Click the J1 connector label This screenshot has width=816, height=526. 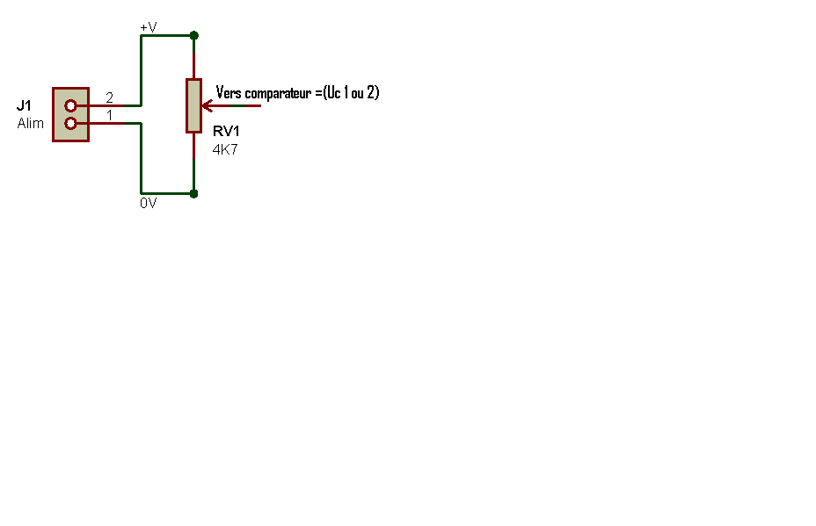24,105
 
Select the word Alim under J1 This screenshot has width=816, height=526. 30,123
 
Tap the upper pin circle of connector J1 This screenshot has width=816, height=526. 70,105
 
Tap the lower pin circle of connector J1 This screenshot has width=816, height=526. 70,123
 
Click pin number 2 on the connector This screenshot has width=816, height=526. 109,97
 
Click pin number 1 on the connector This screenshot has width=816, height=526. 109,115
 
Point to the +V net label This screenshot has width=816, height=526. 149,27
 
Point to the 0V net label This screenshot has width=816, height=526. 149,203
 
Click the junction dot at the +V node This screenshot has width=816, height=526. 194,35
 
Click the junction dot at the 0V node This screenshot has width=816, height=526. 194,194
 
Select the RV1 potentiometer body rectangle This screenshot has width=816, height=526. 194,106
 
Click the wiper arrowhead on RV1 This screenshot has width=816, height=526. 207,106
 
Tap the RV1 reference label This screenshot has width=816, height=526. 226,131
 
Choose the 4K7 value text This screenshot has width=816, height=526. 225,149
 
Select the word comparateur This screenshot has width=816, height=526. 278,94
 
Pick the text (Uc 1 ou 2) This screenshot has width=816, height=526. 351,92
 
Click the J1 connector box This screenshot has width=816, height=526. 70,114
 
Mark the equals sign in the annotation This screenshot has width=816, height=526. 318,94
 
